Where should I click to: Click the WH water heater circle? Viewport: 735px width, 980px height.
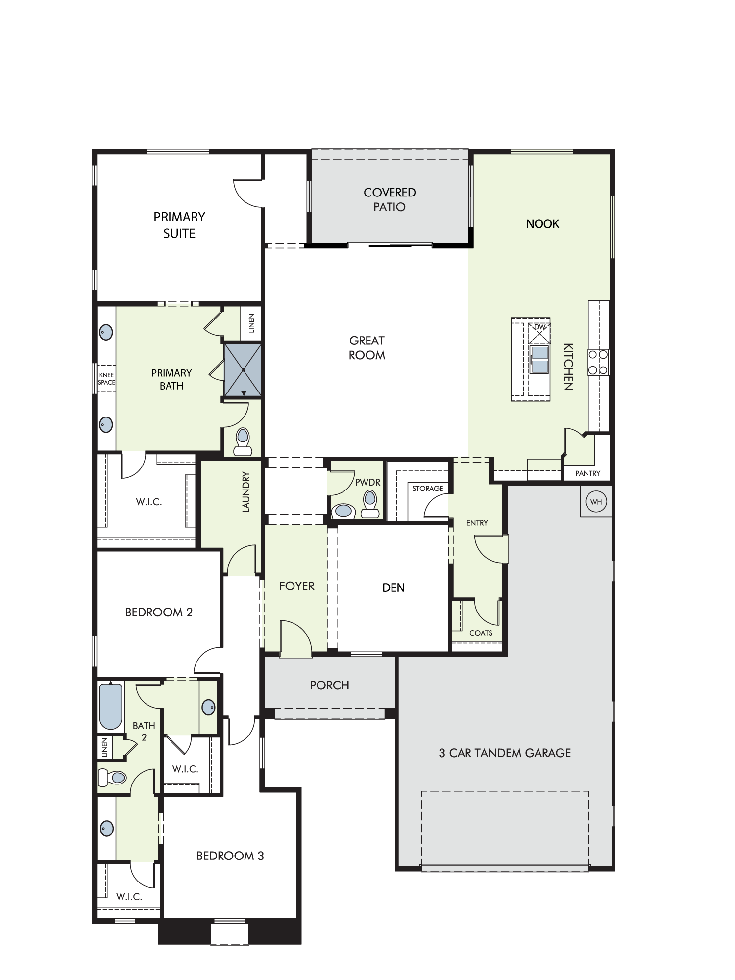click(x=596, y=502)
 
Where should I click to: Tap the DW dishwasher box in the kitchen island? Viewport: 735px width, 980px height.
click(x=539, y=333)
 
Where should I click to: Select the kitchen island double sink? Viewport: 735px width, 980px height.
click(x=539, y=360)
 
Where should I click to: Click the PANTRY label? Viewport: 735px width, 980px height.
click(x=588, y=473)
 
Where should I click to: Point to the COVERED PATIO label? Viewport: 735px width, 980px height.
click(x=390, y=199)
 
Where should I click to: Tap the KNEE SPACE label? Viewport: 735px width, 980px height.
click(x=106, y=379)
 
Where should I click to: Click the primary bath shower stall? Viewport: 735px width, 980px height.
click(x=243, y=370)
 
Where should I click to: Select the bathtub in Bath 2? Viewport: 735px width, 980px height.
click(x=111, y=706)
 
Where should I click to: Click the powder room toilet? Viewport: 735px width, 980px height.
click(x=370, y=505)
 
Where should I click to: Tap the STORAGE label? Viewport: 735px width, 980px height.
click(x=427, y=489)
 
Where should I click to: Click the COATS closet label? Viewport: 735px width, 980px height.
click(x=481, y=633)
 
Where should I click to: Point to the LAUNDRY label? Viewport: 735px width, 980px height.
click(x=246, y=492)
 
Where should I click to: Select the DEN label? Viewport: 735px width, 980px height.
click(x=393, y=588)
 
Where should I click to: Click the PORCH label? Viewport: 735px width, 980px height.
click(x=330, y=685)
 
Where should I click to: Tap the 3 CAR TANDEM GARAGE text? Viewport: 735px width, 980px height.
click(x=505, y=753)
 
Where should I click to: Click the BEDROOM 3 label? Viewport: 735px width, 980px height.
click(x=230, y=856)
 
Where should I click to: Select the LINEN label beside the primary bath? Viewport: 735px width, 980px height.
click(x=251, y=323)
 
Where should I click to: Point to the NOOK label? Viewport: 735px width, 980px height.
click(x=542, y=224)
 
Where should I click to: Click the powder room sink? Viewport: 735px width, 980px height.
click(x=343, y=511)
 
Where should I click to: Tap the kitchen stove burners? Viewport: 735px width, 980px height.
click(x=598, y=362)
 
